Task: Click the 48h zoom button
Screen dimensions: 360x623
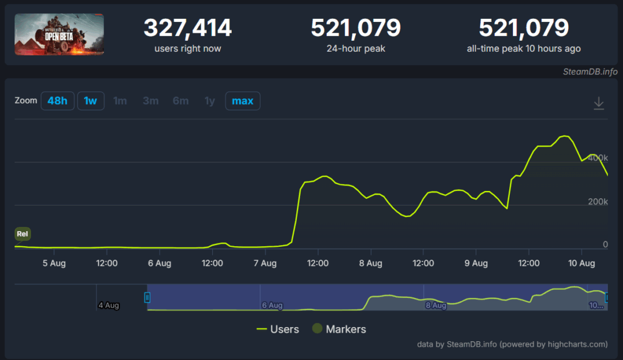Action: tap(57, 100)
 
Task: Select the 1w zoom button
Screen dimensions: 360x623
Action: tap(90, 100)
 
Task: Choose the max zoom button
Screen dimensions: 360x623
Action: tap(242, 100)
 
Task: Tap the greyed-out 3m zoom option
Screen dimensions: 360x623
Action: tap(150, 100)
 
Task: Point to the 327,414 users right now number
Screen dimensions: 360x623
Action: tap(187, 28)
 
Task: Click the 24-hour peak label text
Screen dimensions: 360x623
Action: tap(355, 49)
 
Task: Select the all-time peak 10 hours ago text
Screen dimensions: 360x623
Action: tap(523, 49)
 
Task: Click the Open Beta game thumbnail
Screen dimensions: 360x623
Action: tap(60, 34)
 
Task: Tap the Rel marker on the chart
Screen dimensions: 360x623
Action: tap(23, 234)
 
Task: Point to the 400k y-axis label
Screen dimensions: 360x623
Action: tap(598, 157)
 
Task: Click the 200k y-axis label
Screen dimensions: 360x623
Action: tap(598, 201)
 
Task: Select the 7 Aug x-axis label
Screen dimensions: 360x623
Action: tap(265, 263)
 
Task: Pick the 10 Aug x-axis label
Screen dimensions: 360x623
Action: tap(582, 263)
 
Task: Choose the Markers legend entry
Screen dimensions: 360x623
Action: tap(339, 329)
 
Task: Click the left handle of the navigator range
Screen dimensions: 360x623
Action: tap(147, 297)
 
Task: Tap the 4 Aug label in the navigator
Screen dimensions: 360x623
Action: tap(108, 305)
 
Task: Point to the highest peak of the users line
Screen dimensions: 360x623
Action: tap(565, 136)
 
